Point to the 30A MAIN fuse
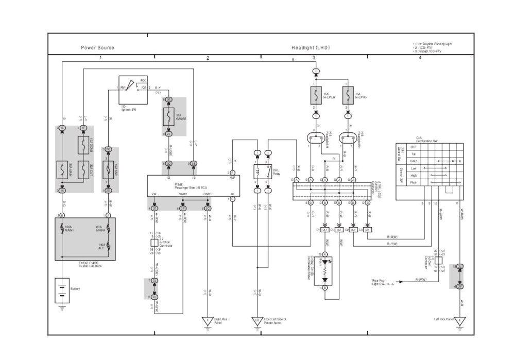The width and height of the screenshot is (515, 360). coord(62,169)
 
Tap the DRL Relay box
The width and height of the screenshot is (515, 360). coord(262,172)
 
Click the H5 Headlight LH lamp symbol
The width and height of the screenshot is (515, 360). coord(315,138)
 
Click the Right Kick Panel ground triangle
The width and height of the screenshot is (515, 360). coord(208,321)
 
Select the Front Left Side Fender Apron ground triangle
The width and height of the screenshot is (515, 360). coord(257,321)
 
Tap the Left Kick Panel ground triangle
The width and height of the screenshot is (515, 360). coord(461,321)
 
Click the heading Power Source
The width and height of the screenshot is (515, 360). coord(98,48)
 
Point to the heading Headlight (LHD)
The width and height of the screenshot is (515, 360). coord(311,48)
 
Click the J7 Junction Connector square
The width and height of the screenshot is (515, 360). coord(153,242)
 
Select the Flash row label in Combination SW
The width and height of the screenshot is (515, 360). coord(413,182)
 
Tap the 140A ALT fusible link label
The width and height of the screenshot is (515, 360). coord(101,247)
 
